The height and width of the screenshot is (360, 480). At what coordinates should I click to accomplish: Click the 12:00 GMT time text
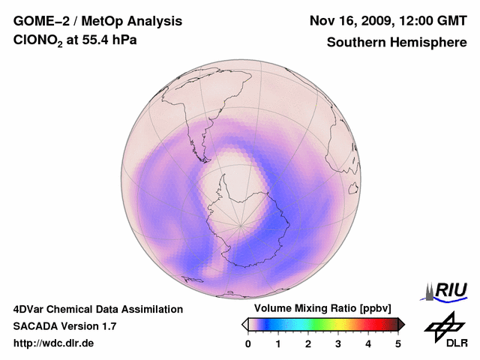click(x=435, y=21)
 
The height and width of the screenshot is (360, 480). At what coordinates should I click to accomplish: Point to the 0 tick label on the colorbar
click(x=248, y=343)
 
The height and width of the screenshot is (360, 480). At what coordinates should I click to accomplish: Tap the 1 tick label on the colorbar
click(x=278, y=343)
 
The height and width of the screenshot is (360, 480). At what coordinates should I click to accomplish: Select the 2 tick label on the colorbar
click(x=308, y=343)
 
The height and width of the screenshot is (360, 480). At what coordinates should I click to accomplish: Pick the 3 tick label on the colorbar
click(x=338, y=343)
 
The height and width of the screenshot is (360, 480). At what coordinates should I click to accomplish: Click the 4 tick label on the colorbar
click(x=368, y=343)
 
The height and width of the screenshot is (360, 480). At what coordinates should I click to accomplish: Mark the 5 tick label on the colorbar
click(x=398, y=343)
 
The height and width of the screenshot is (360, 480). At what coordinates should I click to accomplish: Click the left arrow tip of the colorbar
click(x=244, y=324)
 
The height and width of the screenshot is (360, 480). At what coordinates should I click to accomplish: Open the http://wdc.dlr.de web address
click(x=54, y=343)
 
